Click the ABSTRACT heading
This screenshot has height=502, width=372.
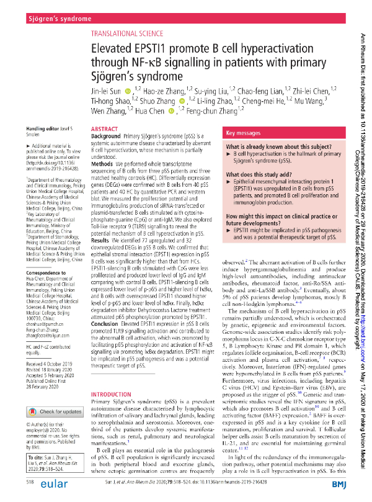coord(104,128)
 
